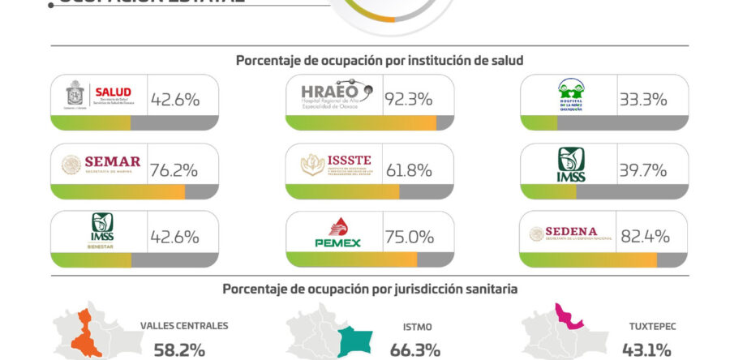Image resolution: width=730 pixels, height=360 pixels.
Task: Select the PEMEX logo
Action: pos(337,233)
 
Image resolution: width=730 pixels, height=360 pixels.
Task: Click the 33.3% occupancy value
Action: pos(642,101)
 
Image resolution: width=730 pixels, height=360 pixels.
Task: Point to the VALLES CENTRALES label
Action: pos(184,326)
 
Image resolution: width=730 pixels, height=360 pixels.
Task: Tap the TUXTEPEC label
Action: pos(647,328)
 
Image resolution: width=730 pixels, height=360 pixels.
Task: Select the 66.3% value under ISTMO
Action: pos(417,350)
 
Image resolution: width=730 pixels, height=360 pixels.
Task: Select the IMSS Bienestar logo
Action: pos(102,231)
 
